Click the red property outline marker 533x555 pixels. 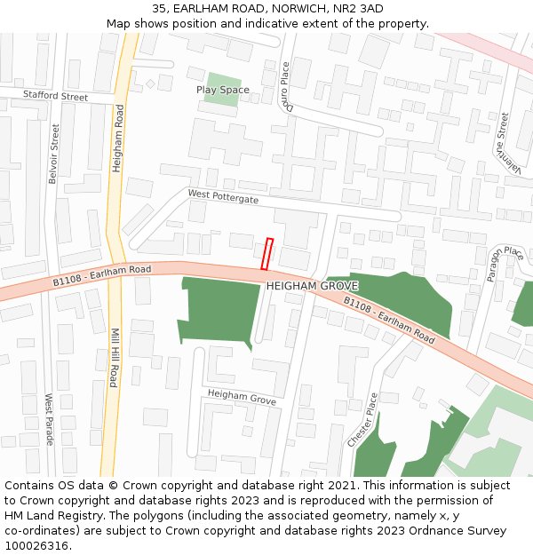(266, 254)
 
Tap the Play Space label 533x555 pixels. (222, 90)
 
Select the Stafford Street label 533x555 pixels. (56, 96)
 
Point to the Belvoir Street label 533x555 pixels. (54, 154)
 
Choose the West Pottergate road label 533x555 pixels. (223, 196)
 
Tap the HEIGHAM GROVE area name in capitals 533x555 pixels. (312, 286)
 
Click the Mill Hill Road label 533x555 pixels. (113, 358)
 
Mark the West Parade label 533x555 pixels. (49, 420)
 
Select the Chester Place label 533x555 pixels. (363, 420)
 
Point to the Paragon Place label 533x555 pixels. (504, 265)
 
